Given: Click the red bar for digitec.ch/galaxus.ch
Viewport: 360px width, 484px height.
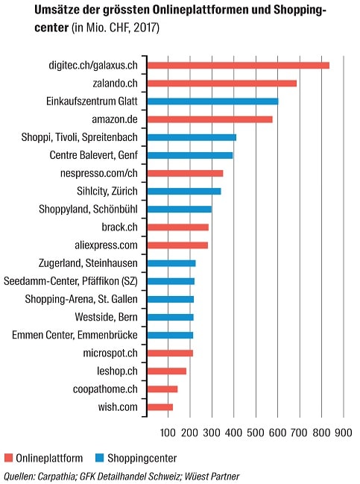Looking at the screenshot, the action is tap(239, 66).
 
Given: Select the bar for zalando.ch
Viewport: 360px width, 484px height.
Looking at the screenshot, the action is tap(222, 84).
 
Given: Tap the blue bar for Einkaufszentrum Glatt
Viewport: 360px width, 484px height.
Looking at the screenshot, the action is tap(213, 101).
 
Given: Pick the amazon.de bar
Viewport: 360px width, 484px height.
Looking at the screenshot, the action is tap(210, 119).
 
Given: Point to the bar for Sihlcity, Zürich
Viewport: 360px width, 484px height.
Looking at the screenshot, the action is tap(184, 192).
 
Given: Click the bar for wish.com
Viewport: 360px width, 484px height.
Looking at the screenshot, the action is tap(160, 407).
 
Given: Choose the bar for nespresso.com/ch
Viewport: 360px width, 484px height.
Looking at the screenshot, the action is tap(186, 174).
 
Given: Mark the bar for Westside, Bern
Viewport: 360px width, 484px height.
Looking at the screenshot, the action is tap(171, 317).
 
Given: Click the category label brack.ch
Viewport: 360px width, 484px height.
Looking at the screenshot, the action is tap(120, 227).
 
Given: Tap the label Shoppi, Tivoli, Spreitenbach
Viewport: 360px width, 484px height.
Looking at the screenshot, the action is tap(80, 137).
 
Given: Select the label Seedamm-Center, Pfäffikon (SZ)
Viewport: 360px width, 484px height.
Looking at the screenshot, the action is tap(71, 281).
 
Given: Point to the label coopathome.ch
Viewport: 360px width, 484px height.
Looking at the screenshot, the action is tap(105, 389).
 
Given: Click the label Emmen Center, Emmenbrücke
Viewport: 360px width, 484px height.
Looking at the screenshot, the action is tap(75, 335).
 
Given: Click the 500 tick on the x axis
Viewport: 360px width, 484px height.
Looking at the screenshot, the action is tap(256, 433).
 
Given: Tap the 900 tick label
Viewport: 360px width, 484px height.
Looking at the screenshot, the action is tap(344, 433).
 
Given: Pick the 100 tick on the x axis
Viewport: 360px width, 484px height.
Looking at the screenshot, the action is tap(168, 433).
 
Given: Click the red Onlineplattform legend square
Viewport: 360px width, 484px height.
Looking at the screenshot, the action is tap(8, 458).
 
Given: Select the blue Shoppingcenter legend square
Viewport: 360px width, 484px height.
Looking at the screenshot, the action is tap(99, 458).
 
